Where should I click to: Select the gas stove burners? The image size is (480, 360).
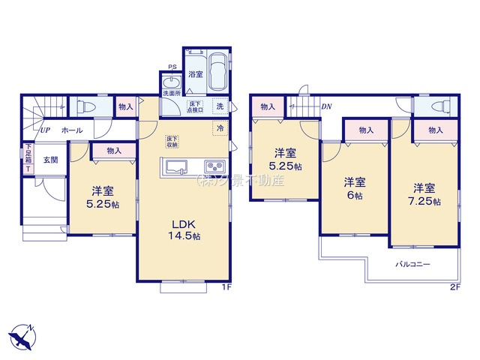(211, 166)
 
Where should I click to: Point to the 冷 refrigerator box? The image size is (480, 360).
(220, 128)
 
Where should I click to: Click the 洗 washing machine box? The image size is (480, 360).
(220, 106)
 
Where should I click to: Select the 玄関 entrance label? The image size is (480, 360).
(50, 160)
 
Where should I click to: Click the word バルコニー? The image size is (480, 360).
(413, 265)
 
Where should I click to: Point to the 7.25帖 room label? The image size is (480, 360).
(424, 196)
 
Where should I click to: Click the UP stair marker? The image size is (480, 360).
(46, 130)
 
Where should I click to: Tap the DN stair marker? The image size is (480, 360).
(326, 106)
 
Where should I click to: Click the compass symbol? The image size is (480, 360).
(22, 334)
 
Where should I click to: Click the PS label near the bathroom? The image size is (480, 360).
(172, 67)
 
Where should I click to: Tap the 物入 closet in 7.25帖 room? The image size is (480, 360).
(436, 130)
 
